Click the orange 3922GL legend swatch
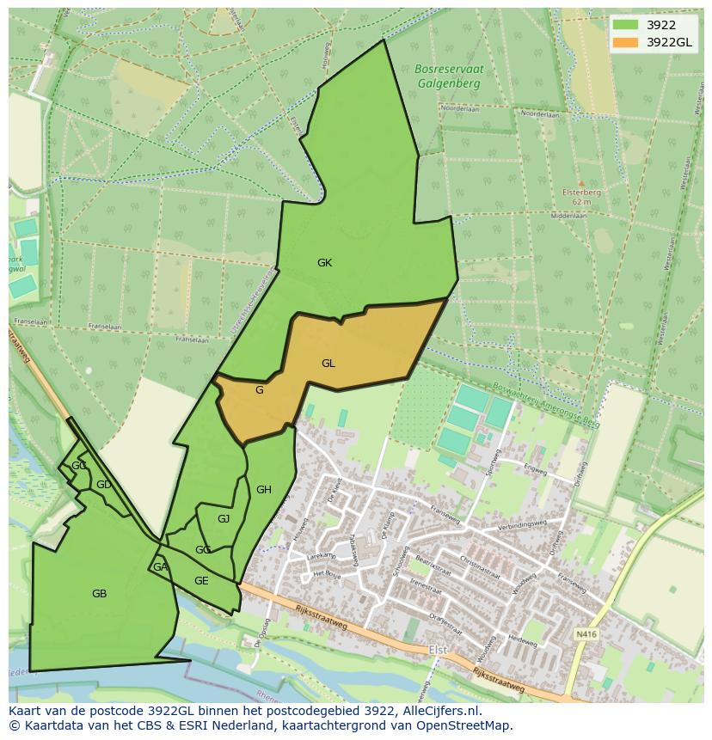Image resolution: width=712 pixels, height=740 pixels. [x=625, y=42]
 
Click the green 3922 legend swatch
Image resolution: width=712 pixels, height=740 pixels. [x=625, y=25]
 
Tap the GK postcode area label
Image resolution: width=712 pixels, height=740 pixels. [x=324, y=263]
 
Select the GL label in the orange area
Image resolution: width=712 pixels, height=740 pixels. [x=328, y=364]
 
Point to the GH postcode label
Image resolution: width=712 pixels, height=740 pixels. [x=264, y=490]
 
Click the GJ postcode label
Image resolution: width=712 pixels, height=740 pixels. [x=224, y=518]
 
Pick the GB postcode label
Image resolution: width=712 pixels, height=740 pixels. [x=99, y=593]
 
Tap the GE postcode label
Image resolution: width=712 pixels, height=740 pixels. [x=201, y=581]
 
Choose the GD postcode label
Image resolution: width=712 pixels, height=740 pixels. [x=103, y=485]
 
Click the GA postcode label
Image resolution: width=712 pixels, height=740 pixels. [x=160, y=567]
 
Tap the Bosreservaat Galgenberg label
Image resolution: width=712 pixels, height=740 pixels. [x=448, y=76]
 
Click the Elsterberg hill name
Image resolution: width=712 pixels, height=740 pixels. [x=581, y=193]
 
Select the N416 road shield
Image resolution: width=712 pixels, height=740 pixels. [x=585, y=634]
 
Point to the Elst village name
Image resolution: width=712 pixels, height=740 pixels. [x=438, y=650]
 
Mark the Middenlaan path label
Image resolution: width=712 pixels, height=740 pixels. [x=567, y=217]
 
